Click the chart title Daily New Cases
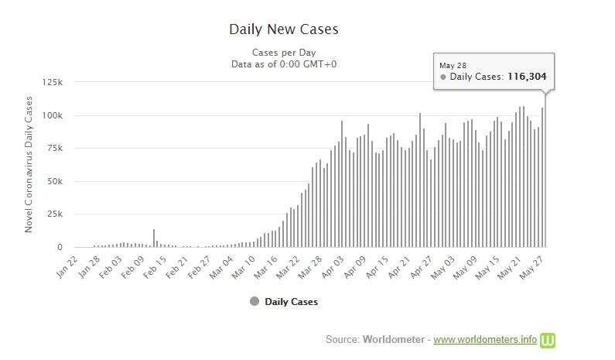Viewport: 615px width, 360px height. [x=283, y=30]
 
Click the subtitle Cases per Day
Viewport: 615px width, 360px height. [x=284, y=53]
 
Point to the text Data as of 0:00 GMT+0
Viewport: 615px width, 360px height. [x=284, y=64]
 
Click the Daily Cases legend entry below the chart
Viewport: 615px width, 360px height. [x=291, y=302]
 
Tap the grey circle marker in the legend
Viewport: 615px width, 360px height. [x=254, y=302]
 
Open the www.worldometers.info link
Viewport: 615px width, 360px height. [x=484, y=339]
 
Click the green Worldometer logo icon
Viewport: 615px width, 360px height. [x=548, y=339]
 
